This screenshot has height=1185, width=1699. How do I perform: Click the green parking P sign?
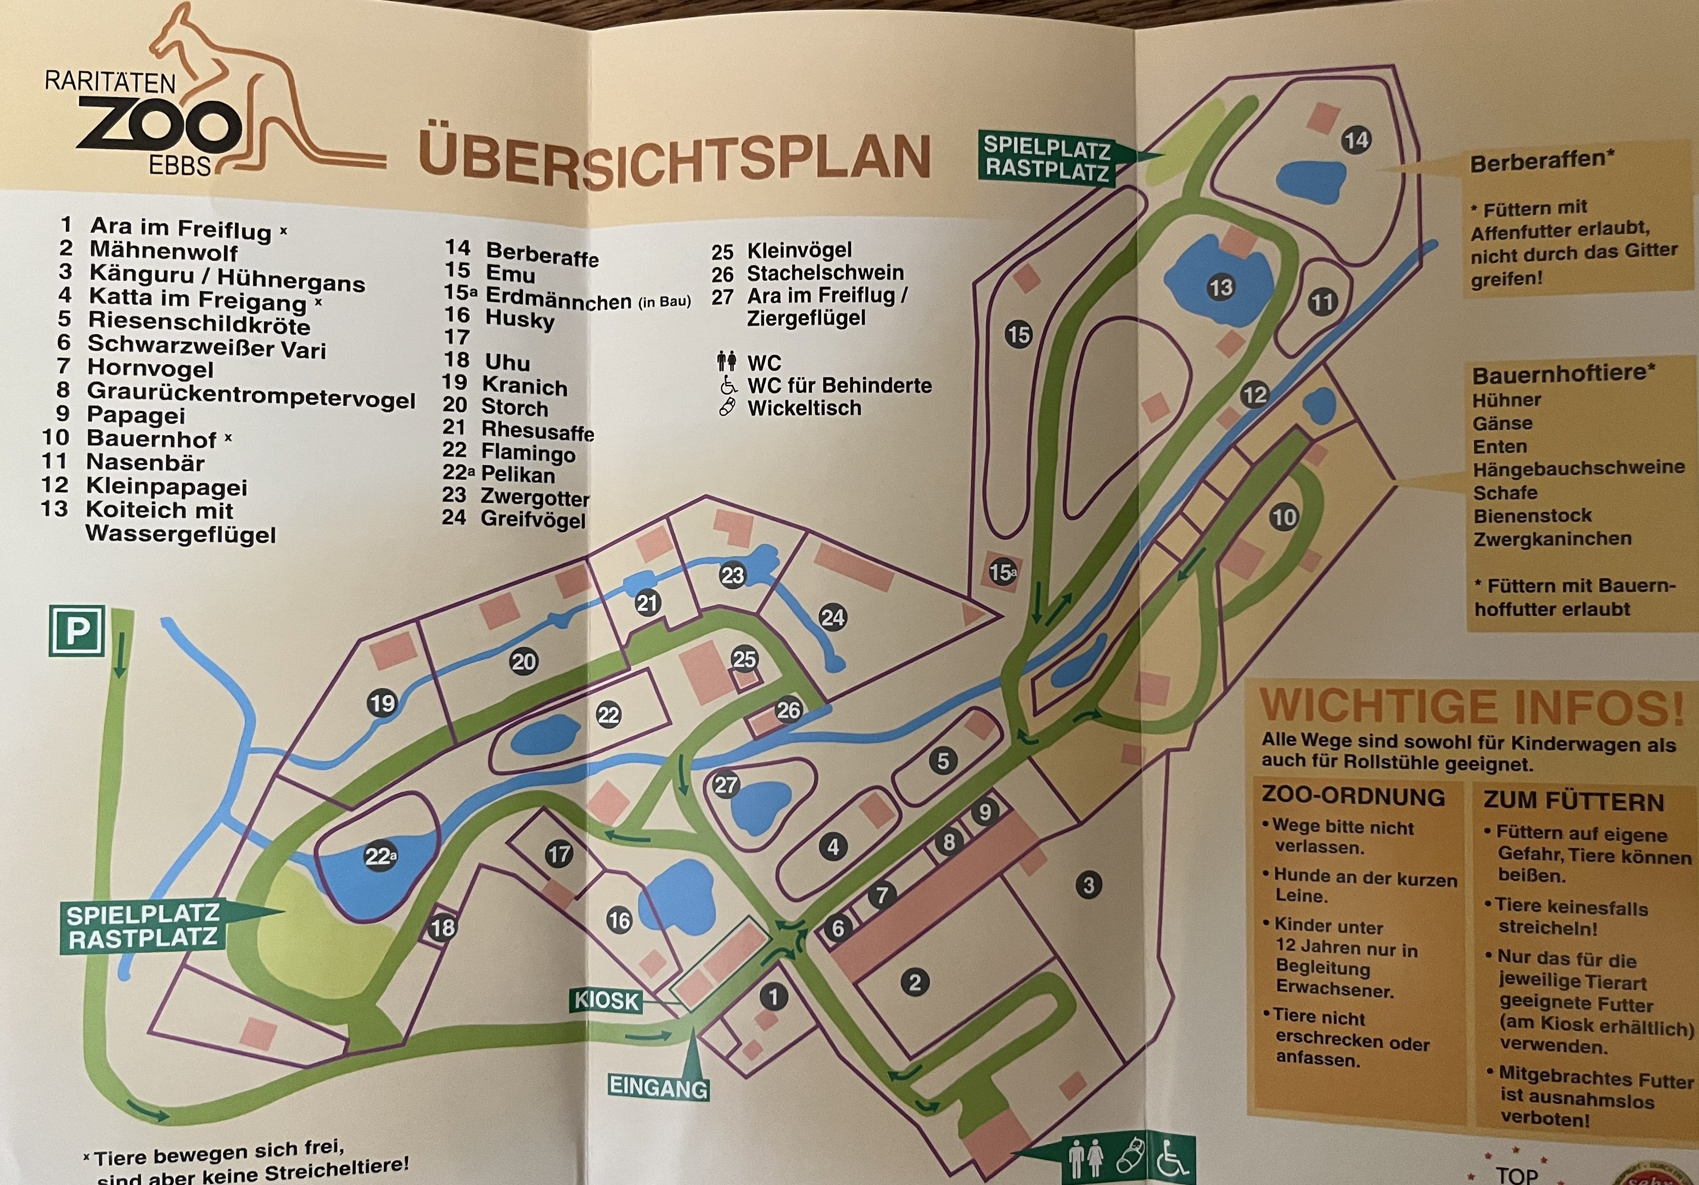click(x=77, y=631)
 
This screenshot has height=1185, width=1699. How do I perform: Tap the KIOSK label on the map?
click(x=606, y=1001)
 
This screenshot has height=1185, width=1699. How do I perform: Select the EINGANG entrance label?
click(x=658, y=1087)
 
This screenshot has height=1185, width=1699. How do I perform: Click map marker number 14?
click(x=1356, y=140)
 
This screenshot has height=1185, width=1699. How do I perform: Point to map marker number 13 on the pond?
click(x=1220, y=286)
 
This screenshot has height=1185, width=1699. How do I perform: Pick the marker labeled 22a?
click(x=380, y=856)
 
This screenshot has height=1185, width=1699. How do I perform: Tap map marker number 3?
click(x=1088, y=885)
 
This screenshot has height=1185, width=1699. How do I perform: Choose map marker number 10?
click(x=1284, y=516)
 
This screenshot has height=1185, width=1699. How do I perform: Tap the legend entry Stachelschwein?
click(x=825, y=273)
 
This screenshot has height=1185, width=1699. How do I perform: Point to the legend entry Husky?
click(x=519, y=319)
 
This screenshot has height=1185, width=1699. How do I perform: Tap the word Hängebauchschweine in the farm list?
click(x=1578, y=468)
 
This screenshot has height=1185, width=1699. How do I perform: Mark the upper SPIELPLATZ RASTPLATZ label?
click(x=1046, y=157)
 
